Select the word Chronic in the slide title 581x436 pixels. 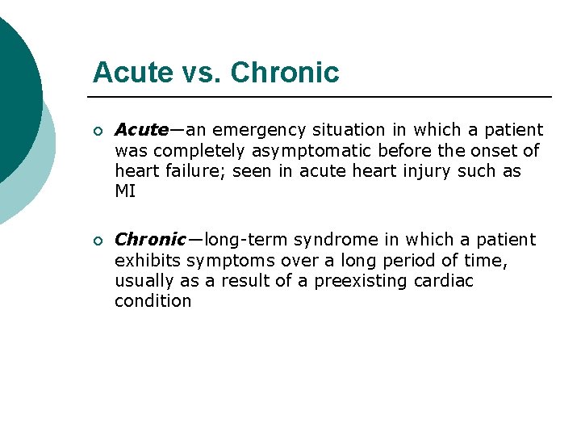point(285,73)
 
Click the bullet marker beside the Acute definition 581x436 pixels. point(98,131)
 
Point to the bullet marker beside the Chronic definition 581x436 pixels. point(98,241)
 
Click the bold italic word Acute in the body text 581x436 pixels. point(142,130)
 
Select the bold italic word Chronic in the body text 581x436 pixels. point(151,240)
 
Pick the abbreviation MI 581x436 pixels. point(125,192)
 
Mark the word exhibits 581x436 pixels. point(148,261)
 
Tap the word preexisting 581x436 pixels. point(359,281)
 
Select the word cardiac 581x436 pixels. point(443,281)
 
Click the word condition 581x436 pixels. point(153,301)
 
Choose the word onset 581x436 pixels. point(498,151)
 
